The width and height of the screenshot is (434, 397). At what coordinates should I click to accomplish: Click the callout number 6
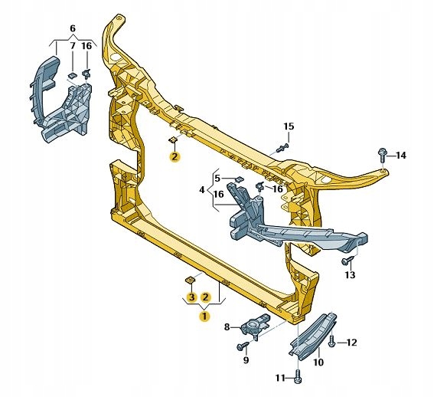(x=73, y=28)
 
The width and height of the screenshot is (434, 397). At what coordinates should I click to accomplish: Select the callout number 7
(x=73, y=45)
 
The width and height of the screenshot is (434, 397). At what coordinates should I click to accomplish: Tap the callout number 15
(x=289, y=126)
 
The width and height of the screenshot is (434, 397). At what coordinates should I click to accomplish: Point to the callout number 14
(x=400, y=156)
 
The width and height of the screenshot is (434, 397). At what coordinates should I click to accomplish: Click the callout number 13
(x=350, y=274)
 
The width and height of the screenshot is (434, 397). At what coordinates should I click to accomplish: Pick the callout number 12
(x=351, y=343)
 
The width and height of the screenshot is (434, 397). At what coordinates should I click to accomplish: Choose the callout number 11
(x=280, y=378)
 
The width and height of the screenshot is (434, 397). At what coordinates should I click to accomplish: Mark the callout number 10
(x=318, y=362)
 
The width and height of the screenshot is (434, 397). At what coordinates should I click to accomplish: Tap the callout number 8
(x=227, y=327)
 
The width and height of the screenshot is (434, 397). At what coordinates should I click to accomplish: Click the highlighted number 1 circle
(x=204, y=316)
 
